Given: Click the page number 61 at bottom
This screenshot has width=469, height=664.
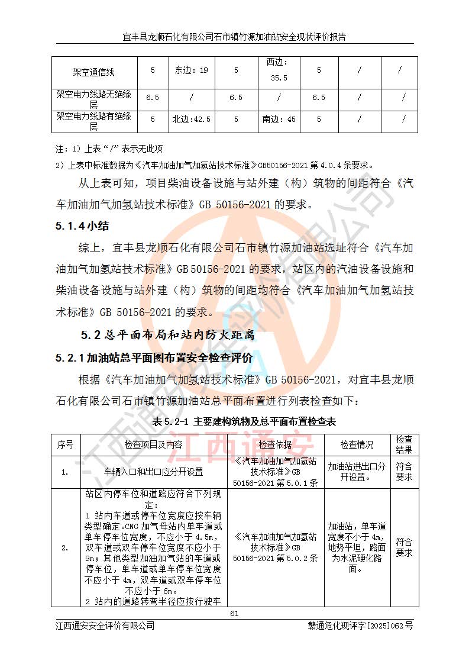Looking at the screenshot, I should click(234, 613).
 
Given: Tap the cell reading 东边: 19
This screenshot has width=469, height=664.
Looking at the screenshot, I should click(190, 70).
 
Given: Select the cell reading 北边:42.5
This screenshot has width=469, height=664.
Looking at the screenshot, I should click(190, 120).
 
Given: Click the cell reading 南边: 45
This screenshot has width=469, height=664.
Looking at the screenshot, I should click(279, 120).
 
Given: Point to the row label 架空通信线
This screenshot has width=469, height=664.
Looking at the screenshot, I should click(93, 72).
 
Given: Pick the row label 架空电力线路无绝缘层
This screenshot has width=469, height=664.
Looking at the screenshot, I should click(93, 98).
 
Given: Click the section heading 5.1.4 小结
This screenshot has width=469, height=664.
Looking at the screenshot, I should click(82, 226).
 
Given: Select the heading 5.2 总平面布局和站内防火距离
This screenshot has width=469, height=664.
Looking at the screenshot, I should click(168, 335).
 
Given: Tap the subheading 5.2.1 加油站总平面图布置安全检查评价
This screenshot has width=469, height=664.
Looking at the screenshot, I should click(154, 358).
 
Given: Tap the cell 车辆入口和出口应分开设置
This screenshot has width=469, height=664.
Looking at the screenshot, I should click(153, 472).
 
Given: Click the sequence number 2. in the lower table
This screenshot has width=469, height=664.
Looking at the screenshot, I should click(65, 548).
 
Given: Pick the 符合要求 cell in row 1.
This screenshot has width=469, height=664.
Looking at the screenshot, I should click(404, 472).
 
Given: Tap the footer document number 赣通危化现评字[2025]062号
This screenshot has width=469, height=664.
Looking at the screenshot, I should click(360, 626).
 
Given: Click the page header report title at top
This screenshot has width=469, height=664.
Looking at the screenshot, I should click(234, 37).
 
